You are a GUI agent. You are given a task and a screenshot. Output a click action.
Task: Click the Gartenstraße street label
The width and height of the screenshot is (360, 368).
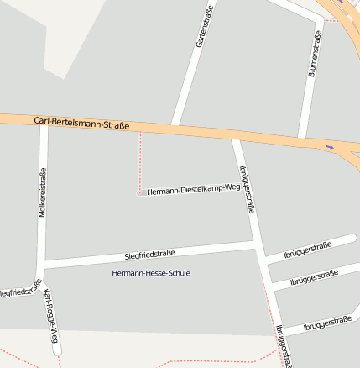tap(205, 25)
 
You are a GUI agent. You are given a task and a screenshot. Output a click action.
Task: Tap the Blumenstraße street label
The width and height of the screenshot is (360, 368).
tap(315, 54)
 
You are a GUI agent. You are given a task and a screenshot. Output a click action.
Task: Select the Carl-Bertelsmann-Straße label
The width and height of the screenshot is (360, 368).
tap(82, 123)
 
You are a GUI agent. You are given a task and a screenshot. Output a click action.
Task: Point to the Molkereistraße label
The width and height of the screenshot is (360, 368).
tap(43, 193)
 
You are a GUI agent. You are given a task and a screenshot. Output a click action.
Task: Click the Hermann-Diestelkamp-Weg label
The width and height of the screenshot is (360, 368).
tap(193, 191)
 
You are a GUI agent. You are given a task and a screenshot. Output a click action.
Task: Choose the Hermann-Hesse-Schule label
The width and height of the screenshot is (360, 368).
tap(151, 273)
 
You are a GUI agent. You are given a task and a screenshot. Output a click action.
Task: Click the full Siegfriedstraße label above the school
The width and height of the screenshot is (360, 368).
tap(149, 254)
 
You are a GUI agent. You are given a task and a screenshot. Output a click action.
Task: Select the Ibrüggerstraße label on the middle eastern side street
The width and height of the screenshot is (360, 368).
tap(314, 277)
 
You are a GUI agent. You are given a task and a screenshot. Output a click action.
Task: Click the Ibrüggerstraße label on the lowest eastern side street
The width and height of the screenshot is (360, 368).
tap(327, 322)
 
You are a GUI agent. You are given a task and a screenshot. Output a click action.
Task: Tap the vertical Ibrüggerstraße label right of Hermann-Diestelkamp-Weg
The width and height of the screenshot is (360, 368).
tap(247, 190)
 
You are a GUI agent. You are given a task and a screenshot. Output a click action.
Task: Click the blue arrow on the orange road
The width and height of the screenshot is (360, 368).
tap(329, 146)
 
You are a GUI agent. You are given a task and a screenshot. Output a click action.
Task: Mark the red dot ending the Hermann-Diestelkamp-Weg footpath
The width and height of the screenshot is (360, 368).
tap(139, 192)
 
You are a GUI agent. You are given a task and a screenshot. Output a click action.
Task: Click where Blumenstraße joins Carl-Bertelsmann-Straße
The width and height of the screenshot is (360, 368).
tap(303, 138)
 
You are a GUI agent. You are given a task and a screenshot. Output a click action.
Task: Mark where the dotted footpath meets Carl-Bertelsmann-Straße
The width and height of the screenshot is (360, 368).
tap(139, 131)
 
